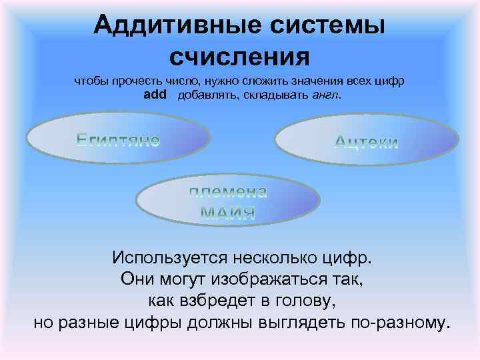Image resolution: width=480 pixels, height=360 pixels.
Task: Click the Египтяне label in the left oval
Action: (117, 139)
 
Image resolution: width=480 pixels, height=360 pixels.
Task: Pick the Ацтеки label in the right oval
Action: (366, 142)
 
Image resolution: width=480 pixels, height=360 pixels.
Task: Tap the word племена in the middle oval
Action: (227, 193)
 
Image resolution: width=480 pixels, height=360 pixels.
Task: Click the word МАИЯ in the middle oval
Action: (227, 213)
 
